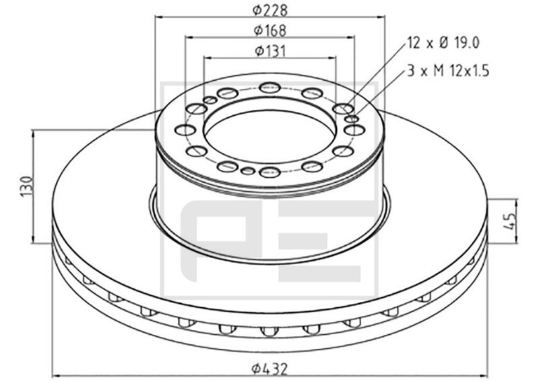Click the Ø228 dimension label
pos(270,10)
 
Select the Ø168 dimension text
pos(270,30)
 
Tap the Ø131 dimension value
pos(270,51)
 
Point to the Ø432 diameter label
pos(270,370)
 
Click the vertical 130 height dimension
pos(27,187)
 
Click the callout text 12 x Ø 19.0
pos(443,43)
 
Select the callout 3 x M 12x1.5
pos(448,71)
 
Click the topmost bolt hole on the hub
pos(270,88)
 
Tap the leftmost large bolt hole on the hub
pos(185,130)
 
